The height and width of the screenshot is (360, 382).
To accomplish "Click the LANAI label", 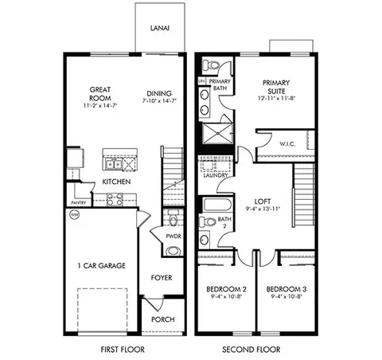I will point(159,26).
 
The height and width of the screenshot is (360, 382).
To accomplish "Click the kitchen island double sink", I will point(114,164).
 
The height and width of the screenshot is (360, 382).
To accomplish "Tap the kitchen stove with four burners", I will point(113,200).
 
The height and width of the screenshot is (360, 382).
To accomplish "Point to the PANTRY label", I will point(80,202).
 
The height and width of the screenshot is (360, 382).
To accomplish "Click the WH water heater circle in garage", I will point(75,215).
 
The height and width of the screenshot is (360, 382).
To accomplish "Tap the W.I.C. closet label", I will point(288,144).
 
